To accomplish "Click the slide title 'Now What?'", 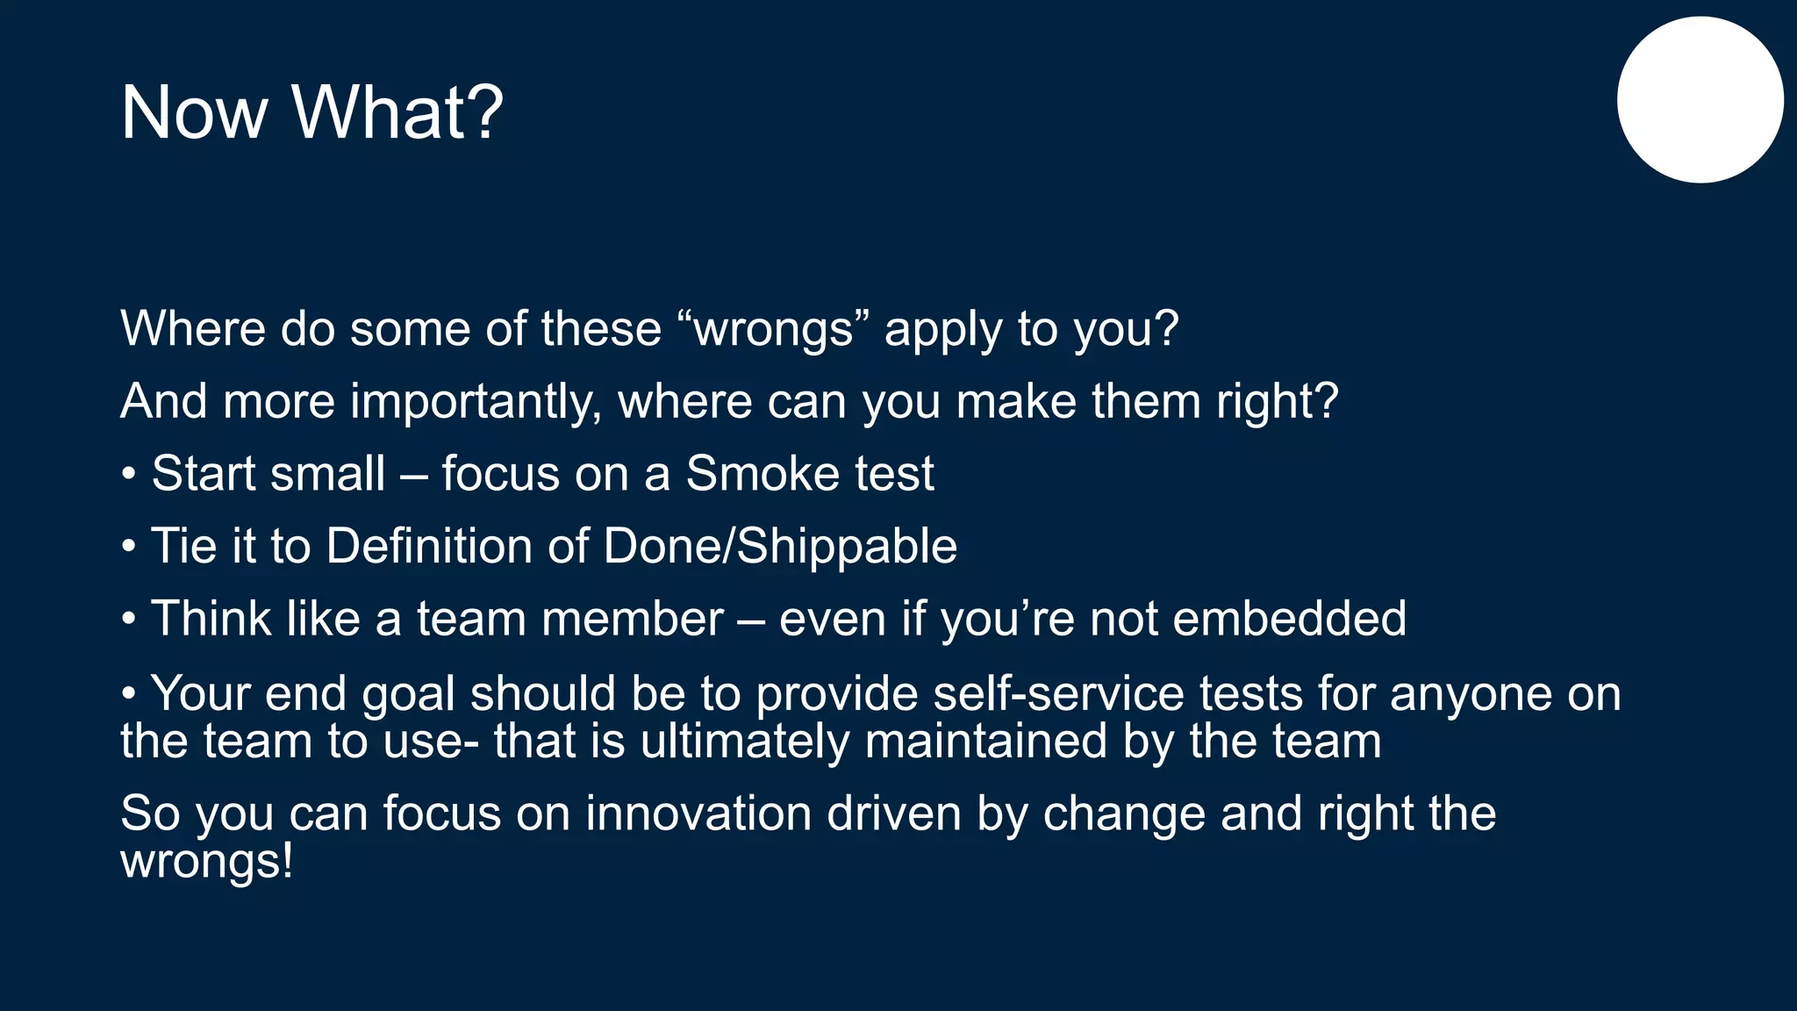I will [x=311, y=112].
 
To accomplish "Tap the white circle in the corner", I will [x=1700, y=100].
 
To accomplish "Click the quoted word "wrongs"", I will [x=773, y=329].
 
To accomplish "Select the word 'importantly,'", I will [x=476, y=402].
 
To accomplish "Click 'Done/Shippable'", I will [x=780, y=547].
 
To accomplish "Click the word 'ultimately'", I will [x=744, y=742].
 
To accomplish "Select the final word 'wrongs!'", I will [x=206, y=862].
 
